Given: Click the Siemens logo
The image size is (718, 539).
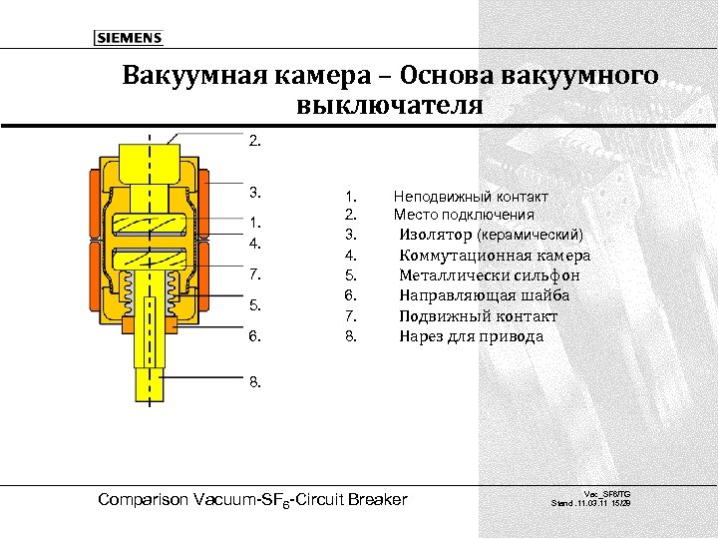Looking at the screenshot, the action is (128, 38).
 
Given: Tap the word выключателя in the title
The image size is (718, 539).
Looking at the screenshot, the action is (389, 105).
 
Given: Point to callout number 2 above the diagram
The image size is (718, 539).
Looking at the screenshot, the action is (256, 141).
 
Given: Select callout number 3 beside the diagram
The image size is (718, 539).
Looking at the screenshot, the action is (256, 191).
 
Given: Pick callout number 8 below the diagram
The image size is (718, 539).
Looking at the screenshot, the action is (256, 381).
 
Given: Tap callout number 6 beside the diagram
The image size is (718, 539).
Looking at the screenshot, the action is (256, 336).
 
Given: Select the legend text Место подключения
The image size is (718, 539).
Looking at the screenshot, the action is (464, 215).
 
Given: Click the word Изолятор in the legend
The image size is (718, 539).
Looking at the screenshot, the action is (436, 235).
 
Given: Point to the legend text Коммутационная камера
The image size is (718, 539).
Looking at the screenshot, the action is (495, 256).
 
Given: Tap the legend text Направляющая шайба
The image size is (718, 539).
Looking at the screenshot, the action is (485, 295).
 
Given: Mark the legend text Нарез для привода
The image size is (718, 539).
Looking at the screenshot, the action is (472, 336).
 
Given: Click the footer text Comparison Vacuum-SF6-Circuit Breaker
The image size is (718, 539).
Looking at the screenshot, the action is (253, 499).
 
